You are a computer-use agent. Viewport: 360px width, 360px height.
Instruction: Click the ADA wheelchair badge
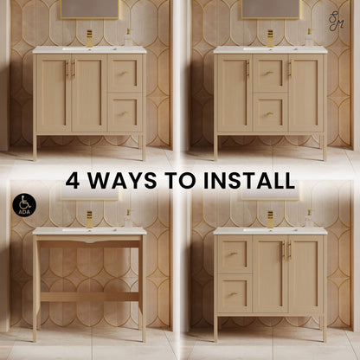click(24, 204)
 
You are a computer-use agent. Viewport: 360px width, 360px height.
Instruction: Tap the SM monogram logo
click(336, 22)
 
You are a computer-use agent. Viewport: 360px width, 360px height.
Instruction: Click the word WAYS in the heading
click(123, 181)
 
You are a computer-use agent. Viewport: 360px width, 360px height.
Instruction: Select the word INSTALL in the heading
click(249, 181)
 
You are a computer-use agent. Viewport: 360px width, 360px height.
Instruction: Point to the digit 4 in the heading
click(73, 181)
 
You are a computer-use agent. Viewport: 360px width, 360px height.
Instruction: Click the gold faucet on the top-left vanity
click(90, 38)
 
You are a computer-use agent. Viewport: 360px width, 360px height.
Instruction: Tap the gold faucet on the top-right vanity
click(271, 38)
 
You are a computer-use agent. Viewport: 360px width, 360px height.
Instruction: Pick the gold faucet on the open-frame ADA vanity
click(90, 219)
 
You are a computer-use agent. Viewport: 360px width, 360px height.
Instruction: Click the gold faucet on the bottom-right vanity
click(271, 219)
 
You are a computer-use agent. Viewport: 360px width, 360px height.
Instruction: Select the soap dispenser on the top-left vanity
click(129, 37)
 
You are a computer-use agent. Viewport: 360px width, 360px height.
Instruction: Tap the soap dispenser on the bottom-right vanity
click(309, 218)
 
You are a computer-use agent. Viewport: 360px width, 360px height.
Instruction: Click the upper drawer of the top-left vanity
click(125, 74)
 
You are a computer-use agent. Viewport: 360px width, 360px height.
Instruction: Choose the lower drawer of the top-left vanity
click(125, 112)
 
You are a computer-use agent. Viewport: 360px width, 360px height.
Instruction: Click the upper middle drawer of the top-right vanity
click(271, 74)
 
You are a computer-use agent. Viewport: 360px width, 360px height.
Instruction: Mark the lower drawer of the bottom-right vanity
click(235, 293)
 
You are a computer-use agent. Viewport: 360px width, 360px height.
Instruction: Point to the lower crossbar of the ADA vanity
click(89, 297)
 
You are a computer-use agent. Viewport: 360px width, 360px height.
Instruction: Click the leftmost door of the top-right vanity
click(235, 93)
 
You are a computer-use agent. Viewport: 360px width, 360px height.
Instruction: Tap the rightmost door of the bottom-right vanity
click(305, 274)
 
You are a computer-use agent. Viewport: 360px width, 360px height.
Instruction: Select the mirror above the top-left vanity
click(89, 10)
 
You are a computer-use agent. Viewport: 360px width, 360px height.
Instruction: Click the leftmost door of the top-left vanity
click(54, 93)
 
